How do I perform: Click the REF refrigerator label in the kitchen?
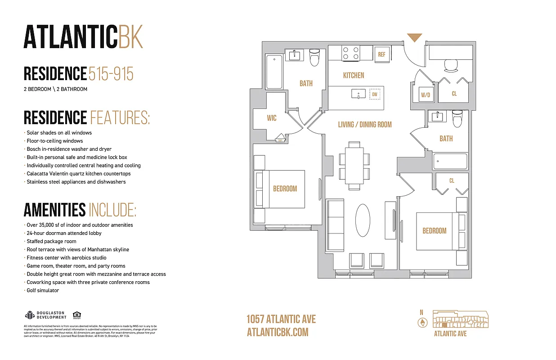(381, 54)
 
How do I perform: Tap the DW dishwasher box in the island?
(374, 94)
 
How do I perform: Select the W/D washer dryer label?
(425, 95)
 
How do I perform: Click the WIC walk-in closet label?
(271, 118)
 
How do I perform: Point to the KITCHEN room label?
(354, 75)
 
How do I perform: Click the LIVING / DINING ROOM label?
(365, 124)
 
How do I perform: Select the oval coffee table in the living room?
(363, 220)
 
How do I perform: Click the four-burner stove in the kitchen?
(351, 54)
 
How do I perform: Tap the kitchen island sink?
(359, 94)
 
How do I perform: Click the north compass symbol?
(422, 322)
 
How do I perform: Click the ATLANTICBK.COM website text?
(278, 332)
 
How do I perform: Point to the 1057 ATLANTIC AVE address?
(281, 319)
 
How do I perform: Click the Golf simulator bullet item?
(42, 290)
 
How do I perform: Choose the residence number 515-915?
(111, 74)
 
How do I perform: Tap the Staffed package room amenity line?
(51, 241)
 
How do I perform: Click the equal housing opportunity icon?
(76, 315)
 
